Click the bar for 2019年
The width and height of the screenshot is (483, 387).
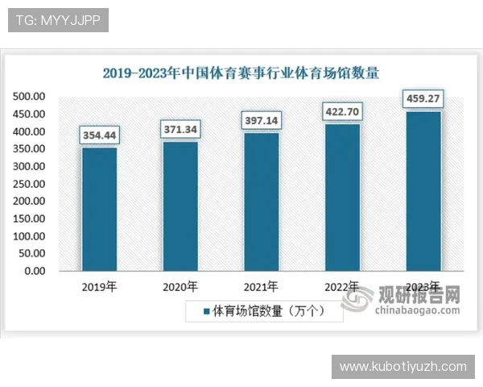(x=99, y=210)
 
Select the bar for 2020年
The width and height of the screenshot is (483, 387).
(x=180, y=206)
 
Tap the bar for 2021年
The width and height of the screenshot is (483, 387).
(x=262, y=202)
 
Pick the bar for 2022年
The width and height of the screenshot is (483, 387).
(x=342, y=198)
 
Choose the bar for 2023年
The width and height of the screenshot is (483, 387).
(x=423, y=191)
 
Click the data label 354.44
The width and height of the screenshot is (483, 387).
(x=99, y=135)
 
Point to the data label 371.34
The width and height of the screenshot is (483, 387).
(x=180, y=129)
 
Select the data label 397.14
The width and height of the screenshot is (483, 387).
(x=262, y=120)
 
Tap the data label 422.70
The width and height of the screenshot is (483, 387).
(x=342, y=111)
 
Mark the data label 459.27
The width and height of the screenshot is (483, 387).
(x=423, y=100)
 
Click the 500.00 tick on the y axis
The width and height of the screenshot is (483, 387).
(x=29, y=97)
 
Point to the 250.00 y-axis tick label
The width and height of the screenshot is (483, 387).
(x=29, y=184)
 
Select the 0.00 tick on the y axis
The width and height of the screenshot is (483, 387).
(x=35, y=271)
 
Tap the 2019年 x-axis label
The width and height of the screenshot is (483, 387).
(x=99, y=287)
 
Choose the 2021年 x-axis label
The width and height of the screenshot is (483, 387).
(x=262, y=287)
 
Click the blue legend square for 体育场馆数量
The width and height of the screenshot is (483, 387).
(x=206, y=311)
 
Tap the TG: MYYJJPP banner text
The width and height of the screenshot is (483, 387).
(x=58, y=20)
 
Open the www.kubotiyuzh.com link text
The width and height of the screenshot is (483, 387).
(x=402, y=367)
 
